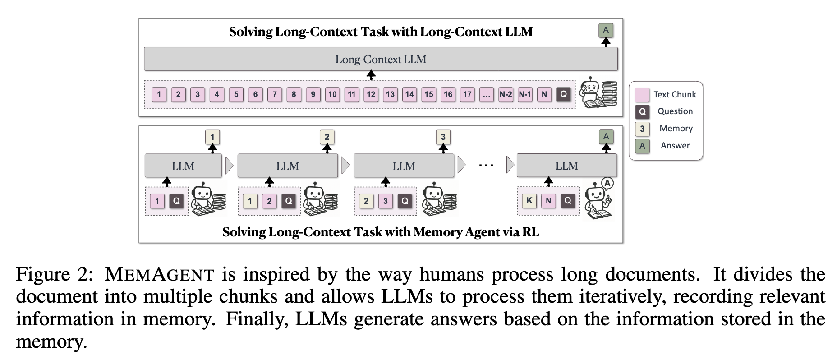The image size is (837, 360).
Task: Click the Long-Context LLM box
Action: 381,59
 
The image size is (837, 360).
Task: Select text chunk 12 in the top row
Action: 371,94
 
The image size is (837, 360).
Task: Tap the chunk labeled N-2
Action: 506,94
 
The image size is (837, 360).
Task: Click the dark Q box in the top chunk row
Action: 563,94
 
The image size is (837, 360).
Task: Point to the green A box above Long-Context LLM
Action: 606,30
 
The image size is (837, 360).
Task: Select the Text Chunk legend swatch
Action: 642,94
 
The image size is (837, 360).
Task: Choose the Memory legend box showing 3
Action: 642,129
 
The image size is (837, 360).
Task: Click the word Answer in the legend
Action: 675,145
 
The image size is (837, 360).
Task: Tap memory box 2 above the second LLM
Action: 327,137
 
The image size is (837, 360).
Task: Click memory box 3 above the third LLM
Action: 443,137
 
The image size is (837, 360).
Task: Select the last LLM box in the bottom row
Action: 566,166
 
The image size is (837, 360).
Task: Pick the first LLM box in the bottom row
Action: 183,166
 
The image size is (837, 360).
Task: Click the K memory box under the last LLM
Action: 529,201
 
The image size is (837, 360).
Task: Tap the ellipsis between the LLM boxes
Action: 486,166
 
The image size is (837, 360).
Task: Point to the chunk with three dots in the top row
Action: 486,94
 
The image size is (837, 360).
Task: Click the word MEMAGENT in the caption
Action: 159,274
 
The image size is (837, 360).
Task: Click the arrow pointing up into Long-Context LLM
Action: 371,75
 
